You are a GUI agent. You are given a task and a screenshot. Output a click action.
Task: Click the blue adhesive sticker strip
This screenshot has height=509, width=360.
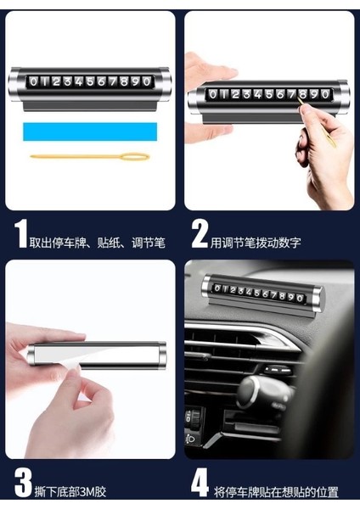[x=90, y=131]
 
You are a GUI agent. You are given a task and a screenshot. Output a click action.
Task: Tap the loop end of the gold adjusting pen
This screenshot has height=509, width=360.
[x=136, y=157]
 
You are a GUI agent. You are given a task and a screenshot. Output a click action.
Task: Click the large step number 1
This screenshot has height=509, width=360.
[x=21, y=234]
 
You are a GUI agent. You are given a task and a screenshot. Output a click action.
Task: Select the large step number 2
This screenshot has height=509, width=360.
[x=199, y=234]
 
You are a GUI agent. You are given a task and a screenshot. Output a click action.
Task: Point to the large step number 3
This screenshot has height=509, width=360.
[x=23, y=483]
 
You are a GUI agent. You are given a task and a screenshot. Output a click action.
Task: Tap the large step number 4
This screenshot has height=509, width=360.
[x=200, y=483]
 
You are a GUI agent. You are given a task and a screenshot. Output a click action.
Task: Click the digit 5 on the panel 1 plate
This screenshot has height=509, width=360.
[x=90, y=81]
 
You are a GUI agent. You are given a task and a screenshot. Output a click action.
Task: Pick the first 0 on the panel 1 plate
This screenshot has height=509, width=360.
[x=33, y=81]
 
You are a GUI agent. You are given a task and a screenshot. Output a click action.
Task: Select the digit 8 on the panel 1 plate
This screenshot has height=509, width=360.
[x=124, y=81]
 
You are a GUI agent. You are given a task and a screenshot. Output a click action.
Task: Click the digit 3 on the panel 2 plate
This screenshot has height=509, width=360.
[x=246, y=94]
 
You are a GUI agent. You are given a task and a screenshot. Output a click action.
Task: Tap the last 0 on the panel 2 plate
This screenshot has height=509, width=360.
[x=325, y=94]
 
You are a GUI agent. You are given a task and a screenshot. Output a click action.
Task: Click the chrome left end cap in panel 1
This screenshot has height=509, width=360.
[x=14, y=84]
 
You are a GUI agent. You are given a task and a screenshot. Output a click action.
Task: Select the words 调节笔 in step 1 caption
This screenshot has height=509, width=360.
[x=149, y=243]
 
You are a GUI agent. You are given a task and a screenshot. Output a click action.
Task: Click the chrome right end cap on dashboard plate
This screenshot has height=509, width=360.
[x=318, y=299]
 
